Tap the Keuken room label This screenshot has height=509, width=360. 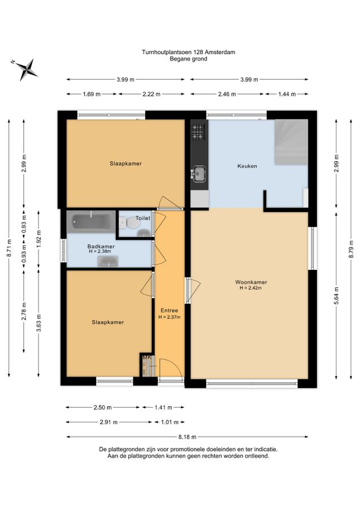[247, 166]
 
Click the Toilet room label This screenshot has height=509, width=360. [143, 218]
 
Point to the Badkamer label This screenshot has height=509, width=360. [101, 247]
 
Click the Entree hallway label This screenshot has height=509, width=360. [170, 310]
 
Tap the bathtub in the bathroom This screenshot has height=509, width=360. [91, 221]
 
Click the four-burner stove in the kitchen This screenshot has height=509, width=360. [198, 131]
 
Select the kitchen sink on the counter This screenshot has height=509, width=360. [198, 172]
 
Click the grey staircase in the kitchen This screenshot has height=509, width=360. [291, 142]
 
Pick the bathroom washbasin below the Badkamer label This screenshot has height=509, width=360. [108, 261]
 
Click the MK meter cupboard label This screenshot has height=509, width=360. [147, 357]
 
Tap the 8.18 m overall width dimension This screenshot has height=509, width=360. [187, 437]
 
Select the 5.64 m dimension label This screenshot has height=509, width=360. [336, 295]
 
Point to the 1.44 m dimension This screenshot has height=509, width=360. [287, 94]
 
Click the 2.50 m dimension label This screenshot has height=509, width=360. [102, 407]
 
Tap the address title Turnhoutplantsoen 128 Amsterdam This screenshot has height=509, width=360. [188, 52]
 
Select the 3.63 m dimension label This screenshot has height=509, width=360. [38, 323]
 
